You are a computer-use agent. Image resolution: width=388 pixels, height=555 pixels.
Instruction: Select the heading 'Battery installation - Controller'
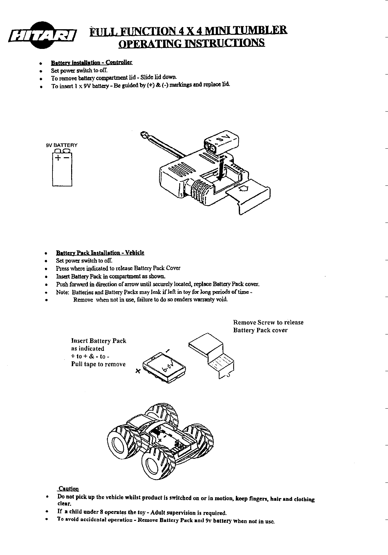(x=91, y=62)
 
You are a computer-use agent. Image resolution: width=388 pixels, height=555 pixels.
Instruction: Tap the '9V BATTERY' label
(x=62, y=145)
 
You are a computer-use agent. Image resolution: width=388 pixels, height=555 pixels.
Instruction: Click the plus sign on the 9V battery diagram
(x=58, y=159)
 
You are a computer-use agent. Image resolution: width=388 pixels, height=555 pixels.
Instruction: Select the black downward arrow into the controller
(x=221, y=169)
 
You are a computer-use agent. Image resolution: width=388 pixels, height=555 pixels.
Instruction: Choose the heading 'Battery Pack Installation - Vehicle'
(x=100, y=253)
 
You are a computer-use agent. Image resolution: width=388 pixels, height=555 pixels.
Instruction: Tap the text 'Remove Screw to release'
(x=268, y=322)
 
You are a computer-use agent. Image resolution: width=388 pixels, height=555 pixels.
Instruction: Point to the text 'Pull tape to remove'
(x=98, y=364)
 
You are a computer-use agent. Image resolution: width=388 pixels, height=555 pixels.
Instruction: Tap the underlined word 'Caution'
(x=69, y=489)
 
